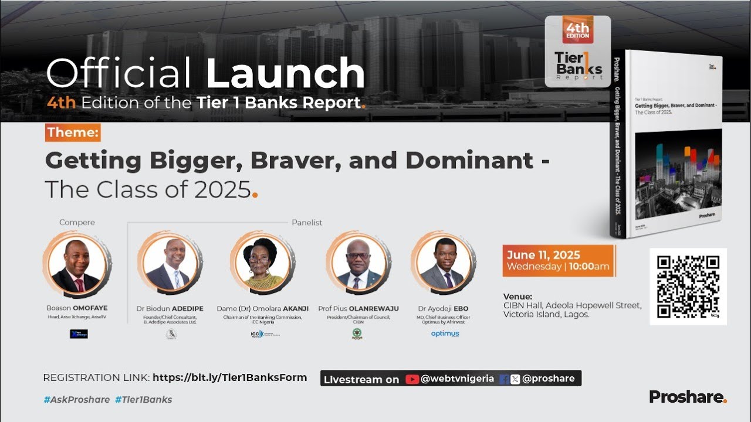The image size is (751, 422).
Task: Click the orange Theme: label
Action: pos(73,132)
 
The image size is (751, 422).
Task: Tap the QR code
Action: pos(688,286)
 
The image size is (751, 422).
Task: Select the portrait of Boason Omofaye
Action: pos(77,264)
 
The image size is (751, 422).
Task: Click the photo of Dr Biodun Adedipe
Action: pos(170,264)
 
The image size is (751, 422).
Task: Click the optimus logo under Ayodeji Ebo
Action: pos(445,333)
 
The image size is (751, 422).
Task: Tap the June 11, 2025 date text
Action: pos(543,255)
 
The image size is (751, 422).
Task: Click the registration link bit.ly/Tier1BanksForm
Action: pos(229,377)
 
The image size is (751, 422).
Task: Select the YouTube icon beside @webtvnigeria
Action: pos(412,379)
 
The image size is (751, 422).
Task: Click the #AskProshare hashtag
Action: pos(76,400)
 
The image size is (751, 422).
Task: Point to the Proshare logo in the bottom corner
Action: pos(688,397)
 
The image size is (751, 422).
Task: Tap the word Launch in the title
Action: pos(285,74)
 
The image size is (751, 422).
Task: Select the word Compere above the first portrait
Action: pos(77,223)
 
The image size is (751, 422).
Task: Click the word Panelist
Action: pos(307,223)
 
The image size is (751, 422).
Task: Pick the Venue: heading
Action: pos(517,296)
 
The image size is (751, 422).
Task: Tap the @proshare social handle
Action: pos(548,379)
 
